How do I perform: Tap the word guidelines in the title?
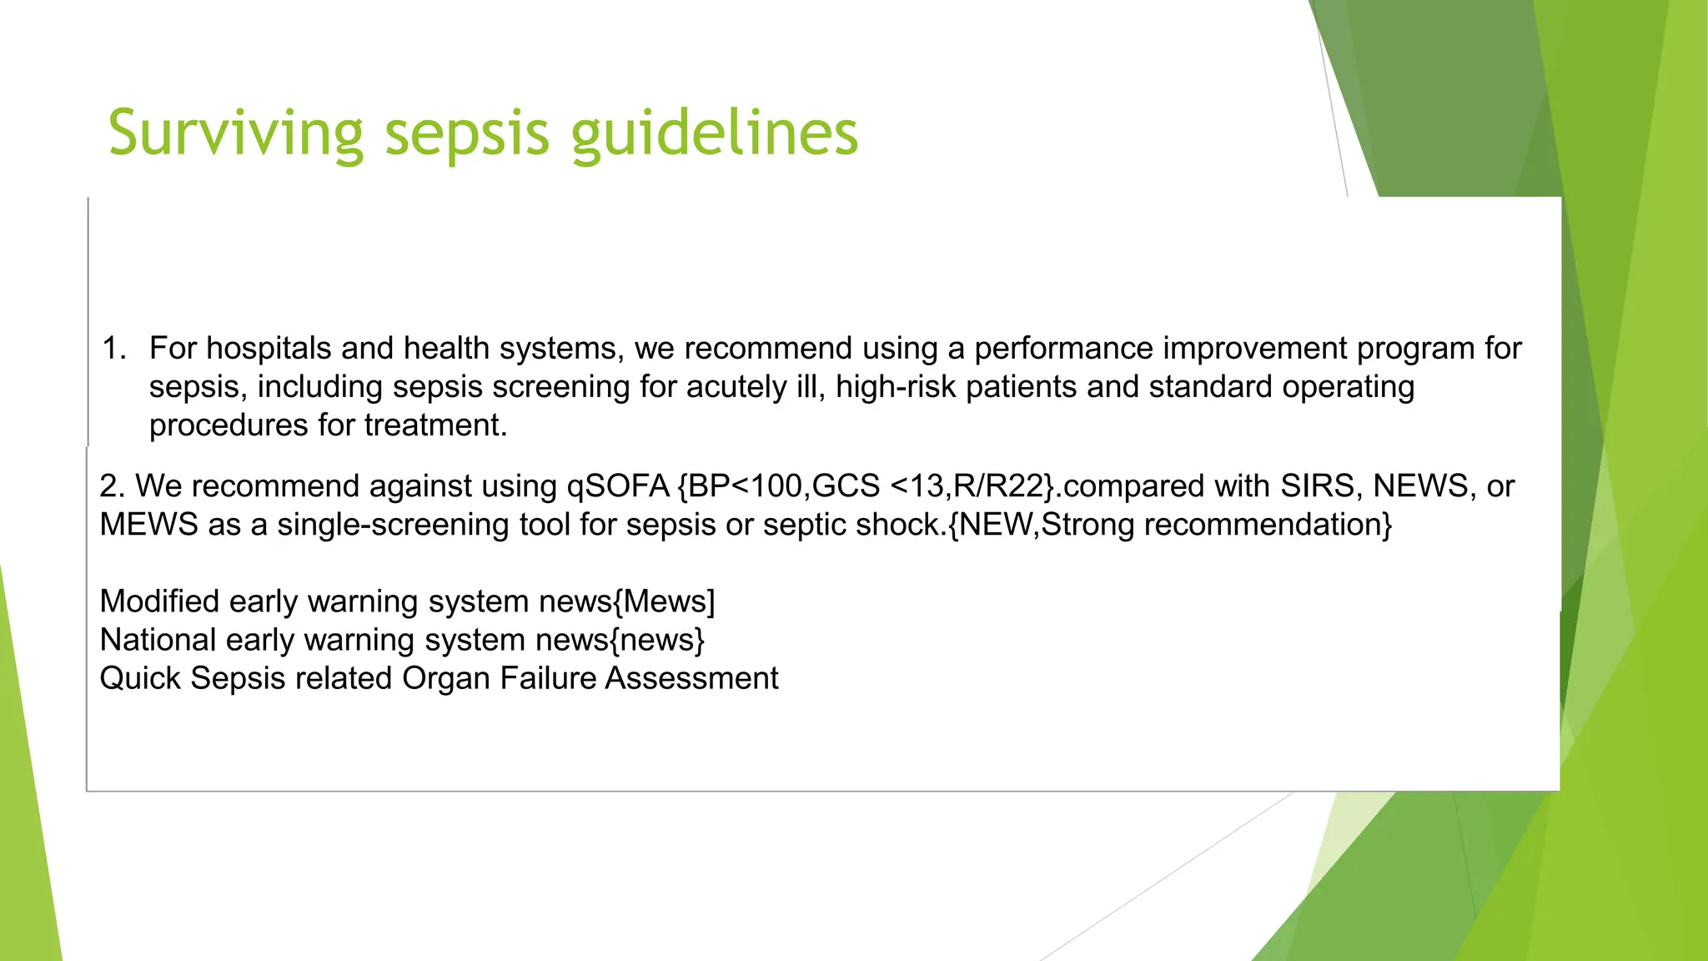715,133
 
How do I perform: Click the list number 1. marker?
114,349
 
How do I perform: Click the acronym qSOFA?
618,486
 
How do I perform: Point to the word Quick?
140,678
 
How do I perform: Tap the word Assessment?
691,678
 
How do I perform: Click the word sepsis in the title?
467,133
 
